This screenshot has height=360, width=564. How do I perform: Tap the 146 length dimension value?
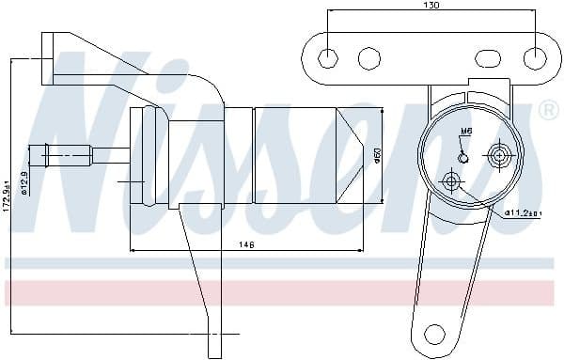pyautogui.click(x=247, y=244)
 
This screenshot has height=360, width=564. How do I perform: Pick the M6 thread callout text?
pyautogui.click(x=466, y=132)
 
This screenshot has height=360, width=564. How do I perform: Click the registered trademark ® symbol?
pyautogui.click(x=547, y=111)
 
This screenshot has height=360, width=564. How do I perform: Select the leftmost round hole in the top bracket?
pyautogui.click(x=327, y=57)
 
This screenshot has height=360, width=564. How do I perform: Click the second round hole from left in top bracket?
pyautogui.click(x=368, y=58)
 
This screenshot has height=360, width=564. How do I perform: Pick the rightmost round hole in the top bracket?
pyautogui.click(x=537, y=57)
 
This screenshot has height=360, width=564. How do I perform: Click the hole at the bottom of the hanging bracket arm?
pyautogui.click(x=433, y=333)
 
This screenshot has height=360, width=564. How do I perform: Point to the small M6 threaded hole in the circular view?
pyautogui.click(x=462, y=155)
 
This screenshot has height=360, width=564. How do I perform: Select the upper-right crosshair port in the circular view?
pyautogui.click(x=499, y=153)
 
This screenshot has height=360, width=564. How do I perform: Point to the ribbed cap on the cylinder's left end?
pyautogui.click(x=149, y=156)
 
